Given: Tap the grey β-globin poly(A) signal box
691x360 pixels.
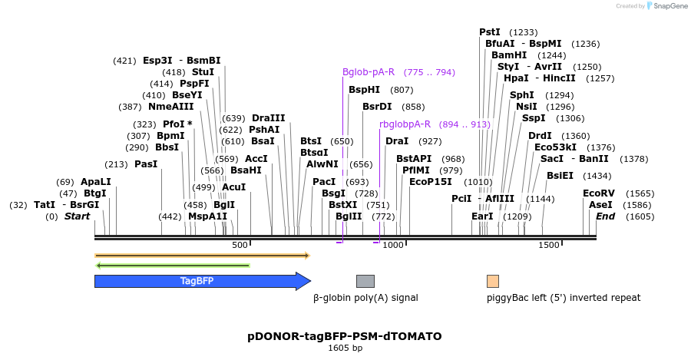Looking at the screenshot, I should point(365,281).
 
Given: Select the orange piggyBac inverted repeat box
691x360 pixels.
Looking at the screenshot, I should point(493,281).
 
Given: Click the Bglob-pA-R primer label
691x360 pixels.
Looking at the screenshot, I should point(369,72).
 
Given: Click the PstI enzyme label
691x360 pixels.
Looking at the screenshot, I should point(490,32).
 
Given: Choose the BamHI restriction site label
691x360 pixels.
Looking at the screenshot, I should point(509,55).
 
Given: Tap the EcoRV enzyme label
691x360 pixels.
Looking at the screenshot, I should point(599,193).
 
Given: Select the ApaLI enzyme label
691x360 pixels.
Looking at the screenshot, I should point(96,182).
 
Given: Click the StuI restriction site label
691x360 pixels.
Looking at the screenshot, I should point(203,72).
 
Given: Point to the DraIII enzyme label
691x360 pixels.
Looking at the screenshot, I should point(268,118).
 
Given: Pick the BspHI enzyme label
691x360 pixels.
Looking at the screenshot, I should point(365,90).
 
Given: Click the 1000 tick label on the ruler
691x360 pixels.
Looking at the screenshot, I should point(393,245).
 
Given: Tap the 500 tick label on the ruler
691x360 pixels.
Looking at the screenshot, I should point(240,245).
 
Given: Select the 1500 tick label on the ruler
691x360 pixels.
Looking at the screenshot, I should point(549,245).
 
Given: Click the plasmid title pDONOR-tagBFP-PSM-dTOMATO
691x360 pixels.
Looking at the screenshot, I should point(345,336).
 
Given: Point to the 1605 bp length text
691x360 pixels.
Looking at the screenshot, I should point(345,348).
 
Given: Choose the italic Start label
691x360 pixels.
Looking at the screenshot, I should point(77,216).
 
